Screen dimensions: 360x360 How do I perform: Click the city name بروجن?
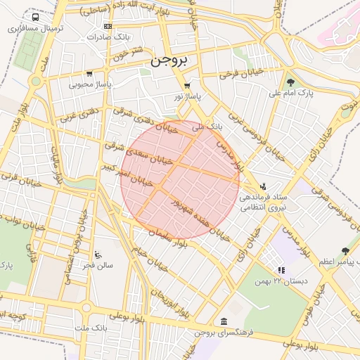pyautogui.click(x=169, y=61)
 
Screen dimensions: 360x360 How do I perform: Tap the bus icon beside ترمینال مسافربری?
pyautogui.click(x=36, y=17)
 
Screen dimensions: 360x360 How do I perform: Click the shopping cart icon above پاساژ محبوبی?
pyautogui.click(x=89, y=73)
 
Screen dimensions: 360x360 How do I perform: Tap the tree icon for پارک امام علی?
pyautogui.click(x=290, y=82)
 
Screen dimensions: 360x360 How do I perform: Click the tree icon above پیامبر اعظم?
pyautogui.click(x=344, y=250)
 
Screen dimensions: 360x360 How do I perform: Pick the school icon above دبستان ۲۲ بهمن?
pyautogui.click(x=281, y=269)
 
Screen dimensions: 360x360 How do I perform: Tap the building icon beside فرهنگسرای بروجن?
pyautogui.click(x=224, y=321)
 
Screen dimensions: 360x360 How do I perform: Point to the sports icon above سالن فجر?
pyautogui.click(x=97, y=255)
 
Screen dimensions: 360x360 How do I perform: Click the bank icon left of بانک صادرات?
pyautogui.click(x=107, y=26)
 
